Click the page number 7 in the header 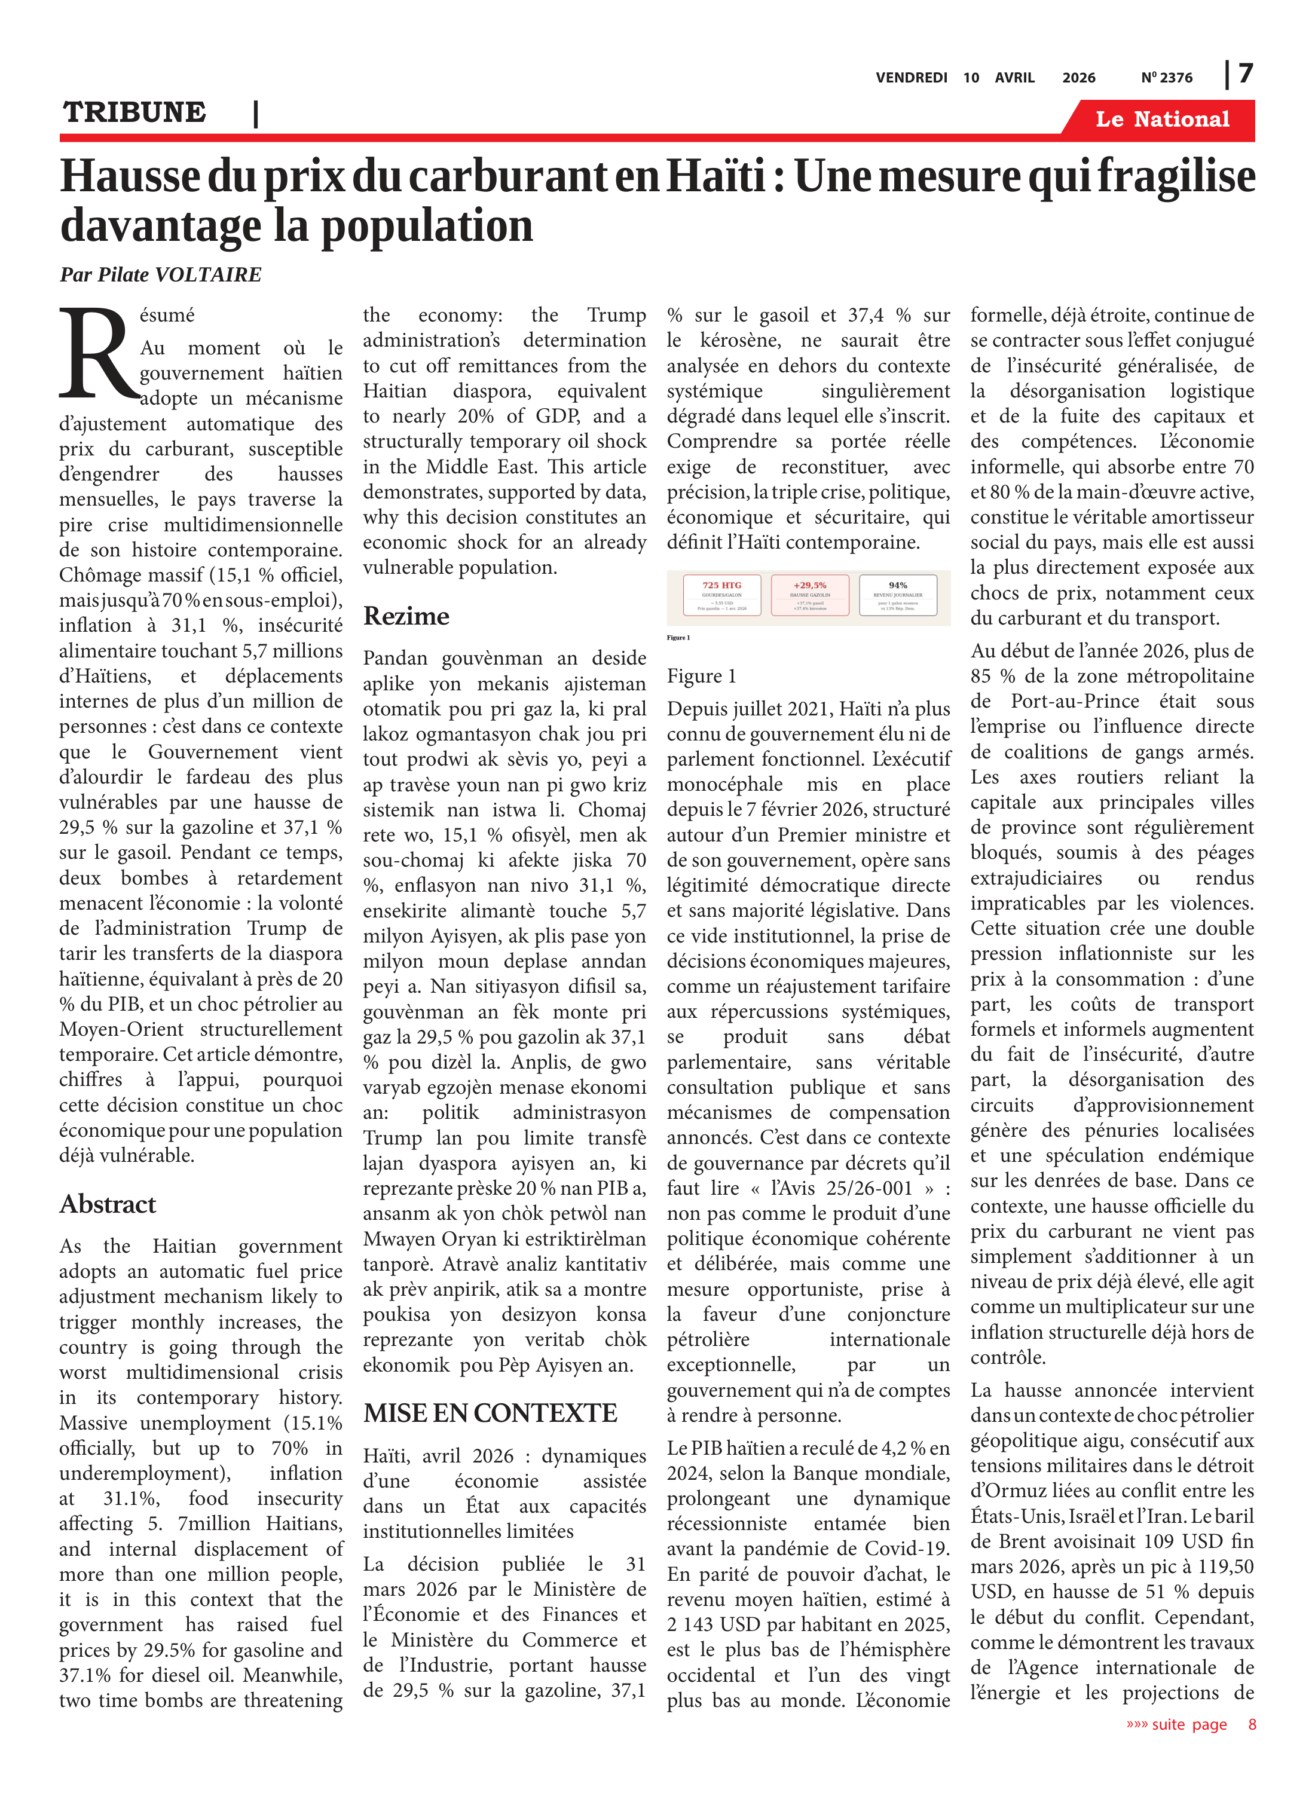pos(1246,74)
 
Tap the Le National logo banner pos(1161,120)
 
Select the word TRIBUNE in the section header pos(134,112)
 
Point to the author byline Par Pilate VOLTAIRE pos(160,274)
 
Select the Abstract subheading pos(108,1204)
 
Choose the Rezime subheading pos(406,616)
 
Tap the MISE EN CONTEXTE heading pos(490,1413)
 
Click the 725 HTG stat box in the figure pos(721,596)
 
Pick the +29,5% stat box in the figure pos(809,596)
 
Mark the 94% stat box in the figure pos(898,596)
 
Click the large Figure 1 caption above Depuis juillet pos(701,677)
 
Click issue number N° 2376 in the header pos(1166,78)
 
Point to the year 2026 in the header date pos(1078,78)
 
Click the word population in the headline pos(427,226)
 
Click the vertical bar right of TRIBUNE pos(255,114)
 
